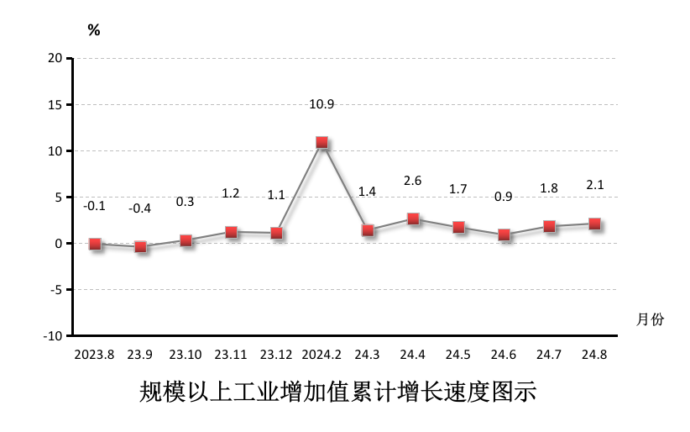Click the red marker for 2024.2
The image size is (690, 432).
[x=321, y=143]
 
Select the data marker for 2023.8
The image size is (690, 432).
[x=95, y=245]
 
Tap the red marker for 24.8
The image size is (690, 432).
[x=594, y=224]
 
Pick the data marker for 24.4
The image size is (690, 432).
[x=413, y=219]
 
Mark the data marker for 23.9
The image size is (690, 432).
[x=140, y=247]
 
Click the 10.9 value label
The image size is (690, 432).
[x=321, y=105]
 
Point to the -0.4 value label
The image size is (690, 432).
[x=140, y=208]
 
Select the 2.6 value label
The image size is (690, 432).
[x=412, y=180]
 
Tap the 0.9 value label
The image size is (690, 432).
[x=504, y=197]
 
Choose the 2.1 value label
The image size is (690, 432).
[x=594, y=186]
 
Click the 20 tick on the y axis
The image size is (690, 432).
[x=55, y=58]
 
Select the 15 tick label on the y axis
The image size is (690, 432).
[x=55, y=104]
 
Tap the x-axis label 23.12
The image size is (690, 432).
[x=276, y=355]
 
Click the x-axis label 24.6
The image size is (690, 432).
[x=504, y=355]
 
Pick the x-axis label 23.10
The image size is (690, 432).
[x=186, y=355]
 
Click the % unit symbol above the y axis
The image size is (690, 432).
[x=94, y=31]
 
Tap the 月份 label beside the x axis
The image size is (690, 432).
[x=650, y=319]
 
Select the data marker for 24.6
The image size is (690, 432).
[x=504, y=235]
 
